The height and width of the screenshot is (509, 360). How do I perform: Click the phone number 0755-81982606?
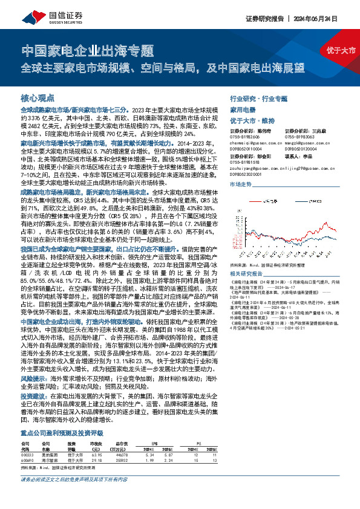(x=244, y=137)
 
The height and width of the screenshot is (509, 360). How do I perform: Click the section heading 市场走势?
(x=241, y=183)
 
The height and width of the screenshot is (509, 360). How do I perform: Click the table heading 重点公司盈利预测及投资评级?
(x=64, y=433)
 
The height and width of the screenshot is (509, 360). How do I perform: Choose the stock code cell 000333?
(x=27, y=454)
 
